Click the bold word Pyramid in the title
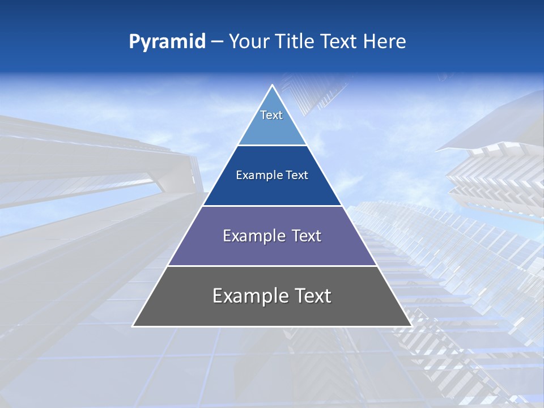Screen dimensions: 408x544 pyautogui.click(x=167, y=42)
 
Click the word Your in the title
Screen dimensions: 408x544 pyautogui.click(x=248, y=42)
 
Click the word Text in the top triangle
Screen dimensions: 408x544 pyautogui.click(x=271, y=115)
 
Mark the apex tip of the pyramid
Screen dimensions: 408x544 pyautogui.click(x=272, y=86)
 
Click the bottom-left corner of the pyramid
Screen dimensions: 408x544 pyautogui.click(x=133, y=326)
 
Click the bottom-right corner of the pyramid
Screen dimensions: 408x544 pyautogui.click(x=411, y=326)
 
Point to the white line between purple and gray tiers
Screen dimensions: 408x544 pyautogui.click(x=272, y=266)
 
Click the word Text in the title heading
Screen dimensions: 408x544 pyautogui.click(x=339, y=42)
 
